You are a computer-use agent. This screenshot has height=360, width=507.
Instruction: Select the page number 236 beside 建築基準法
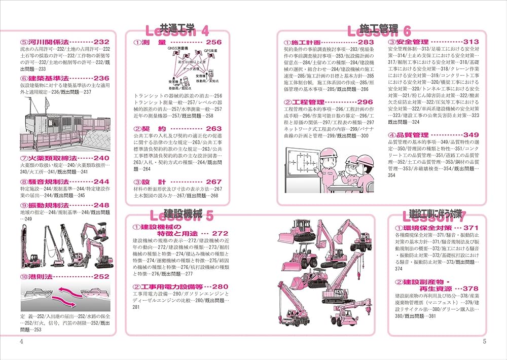pyautogui.click(x=101, y=78)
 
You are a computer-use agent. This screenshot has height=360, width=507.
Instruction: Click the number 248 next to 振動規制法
pyautogui.click(x=101, y=205)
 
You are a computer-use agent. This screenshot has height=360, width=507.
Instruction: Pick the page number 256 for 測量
pyautogui.click(x=214, y=43)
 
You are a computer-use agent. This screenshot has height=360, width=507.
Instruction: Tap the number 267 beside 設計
pyautogui.click(x=214, y=182)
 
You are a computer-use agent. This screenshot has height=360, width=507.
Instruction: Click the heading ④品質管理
pyautogui.click(x=409, y=135)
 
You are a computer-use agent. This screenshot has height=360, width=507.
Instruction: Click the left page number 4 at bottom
pyautogui.click(x=21, y=341)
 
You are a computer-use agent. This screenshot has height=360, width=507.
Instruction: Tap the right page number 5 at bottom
pyautogui.click(x=484, y=341)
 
